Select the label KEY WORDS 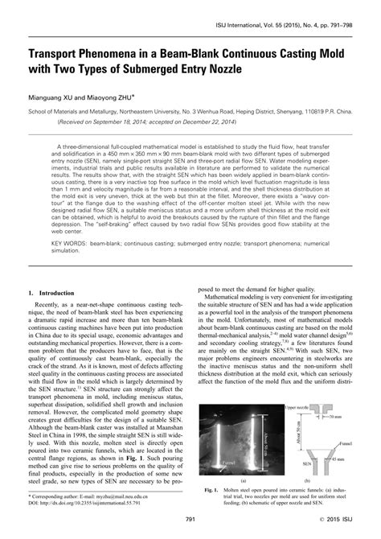pos(72,264)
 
